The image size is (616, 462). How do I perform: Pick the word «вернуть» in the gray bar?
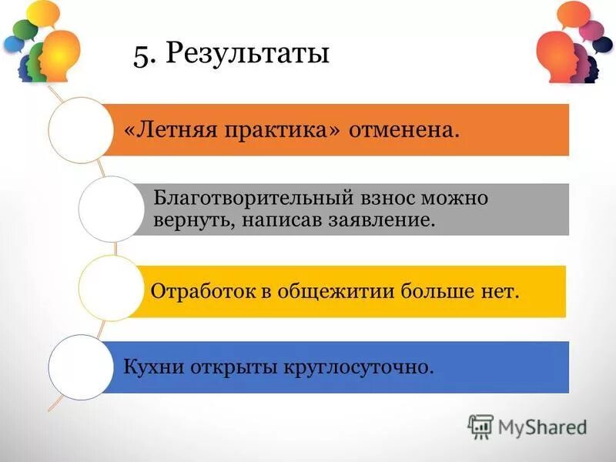pos(189,221)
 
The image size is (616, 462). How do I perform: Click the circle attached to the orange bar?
pos(80,129)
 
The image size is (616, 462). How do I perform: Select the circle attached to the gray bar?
pos(111,209)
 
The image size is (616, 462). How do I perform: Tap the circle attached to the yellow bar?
pos(111,288)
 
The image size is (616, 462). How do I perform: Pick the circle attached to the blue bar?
pos(80,367)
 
